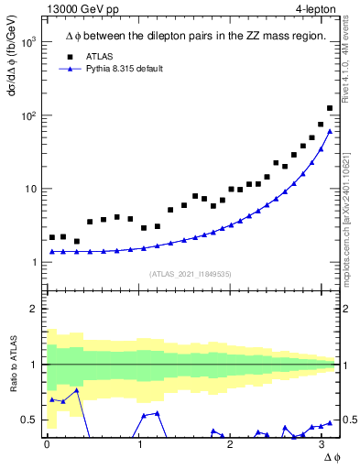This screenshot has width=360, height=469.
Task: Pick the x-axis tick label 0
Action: tap(47, 444)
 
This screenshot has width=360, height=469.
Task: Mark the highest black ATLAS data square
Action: tap(330, 108)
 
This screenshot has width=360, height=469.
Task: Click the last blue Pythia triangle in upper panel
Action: tap(330, 131)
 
